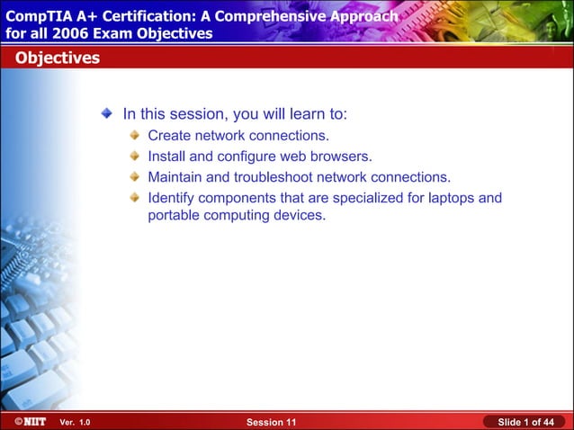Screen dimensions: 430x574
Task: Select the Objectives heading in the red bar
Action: click(x=56, y=58)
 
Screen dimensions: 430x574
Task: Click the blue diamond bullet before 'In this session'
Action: click(x=107, y=114)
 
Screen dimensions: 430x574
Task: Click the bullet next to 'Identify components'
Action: click(x=134, y=197)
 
